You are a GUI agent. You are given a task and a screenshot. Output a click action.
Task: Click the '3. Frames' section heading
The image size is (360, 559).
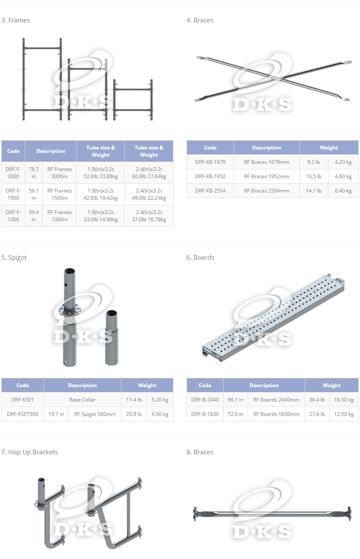click(16, 20)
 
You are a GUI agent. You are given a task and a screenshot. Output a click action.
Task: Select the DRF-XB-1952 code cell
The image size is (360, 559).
click(210, 176)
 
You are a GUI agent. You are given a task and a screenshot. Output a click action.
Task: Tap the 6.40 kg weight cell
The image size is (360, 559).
click(343, 191)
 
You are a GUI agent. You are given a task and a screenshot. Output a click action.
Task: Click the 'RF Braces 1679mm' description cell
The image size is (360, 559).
click(266, 162)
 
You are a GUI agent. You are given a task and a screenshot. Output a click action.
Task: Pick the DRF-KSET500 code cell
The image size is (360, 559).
click(22, 414)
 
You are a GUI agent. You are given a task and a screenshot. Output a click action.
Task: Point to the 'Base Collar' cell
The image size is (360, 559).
click(82, 399)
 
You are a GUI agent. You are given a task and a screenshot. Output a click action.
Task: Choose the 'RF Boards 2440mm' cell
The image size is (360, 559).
click(276, 399)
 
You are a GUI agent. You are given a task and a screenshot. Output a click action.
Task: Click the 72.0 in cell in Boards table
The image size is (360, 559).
click(235, 414)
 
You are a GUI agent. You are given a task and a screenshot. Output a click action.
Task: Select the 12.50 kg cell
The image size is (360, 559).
click(344, 414)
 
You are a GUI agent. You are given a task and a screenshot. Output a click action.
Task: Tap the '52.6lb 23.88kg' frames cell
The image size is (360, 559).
click(100, 176)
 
